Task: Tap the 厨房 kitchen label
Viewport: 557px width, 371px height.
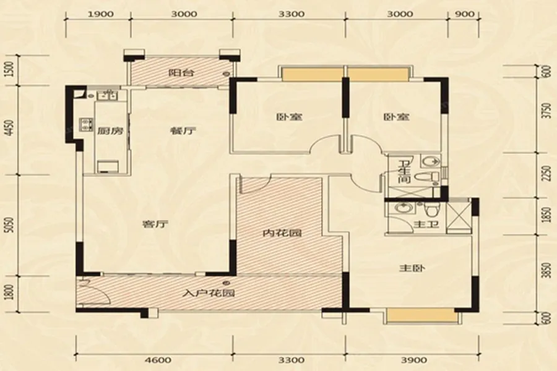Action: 110,131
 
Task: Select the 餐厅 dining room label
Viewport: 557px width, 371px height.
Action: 183,131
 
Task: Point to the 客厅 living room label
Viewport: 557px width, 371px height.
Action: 155,224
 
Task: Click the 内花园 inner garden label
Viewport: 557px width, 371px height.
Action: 282,233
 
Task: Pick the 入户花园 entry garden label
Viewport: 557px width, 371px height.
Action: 209,293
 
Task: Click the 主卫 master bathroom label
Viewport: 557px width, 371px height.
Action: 426,224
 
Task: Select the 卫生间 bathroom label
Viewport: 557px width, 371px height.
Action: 404,172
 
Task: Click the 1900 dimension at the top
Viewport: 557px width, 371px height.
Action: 100,14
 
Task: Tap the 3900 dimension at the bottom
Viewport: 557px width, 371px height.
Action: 413,360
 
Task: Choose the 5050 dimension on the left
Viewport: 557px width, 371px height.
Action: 11,224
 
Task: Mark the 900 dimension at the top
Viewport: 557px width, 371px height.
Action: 464,14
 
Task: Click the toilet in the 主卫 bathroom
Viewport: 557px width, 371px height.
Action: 431,210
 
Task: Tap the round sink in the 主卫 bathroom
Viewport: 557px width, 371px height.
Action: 402,208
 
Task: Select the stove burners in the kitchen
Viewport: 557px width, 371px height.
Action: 86,124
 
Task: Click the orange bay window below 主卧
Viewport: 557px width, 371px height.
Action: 421,315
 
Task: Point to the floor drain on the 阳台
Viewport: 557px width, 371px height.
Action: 226,74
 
